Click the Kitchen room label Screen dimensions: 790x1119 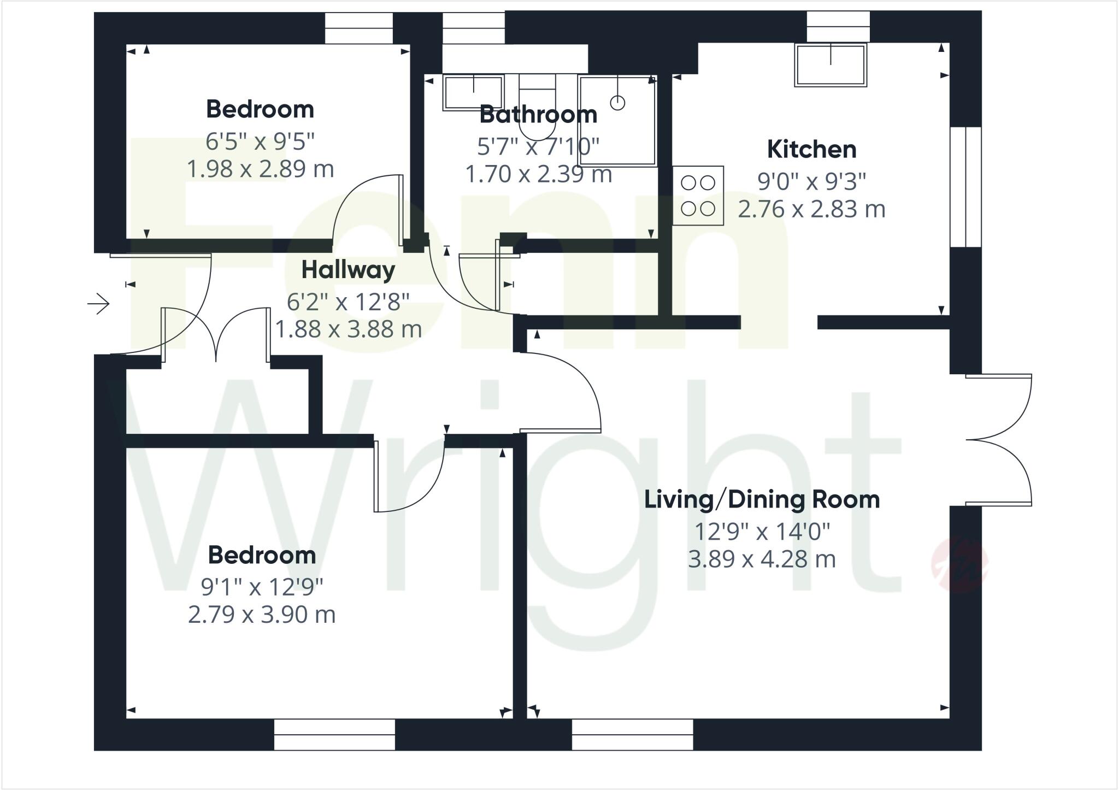811,150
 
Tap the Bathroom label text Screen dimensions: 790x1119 538,115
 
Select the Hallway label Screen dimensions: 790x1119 348,270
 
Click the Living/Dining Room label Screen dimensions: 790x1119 762,500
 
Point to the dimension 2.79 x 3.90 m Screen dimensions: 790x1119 262,615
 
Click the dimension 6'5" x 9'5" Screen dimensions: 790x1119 260,142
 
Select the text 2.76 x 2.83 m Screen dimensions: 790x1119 811,209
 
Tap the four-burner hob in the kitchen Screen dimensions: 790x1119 698,196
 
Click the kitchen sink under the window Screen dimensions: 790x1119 831,65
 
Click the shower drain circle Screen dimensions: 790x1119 617,102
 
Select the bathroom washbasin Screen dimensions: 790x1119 473,93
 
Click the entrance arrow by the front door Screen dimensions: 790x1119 99,304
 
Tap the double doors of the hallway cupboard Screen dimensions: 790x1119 216,334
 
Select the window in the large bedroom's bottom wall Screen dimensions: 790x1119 334,734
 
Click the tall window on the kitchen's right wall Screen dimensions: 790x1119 965,187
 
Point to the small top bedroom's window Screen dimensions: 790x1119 359,28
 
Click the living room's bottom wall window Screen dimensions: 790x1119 632,734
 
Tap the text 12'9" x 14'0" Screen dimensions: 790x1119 762,532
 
